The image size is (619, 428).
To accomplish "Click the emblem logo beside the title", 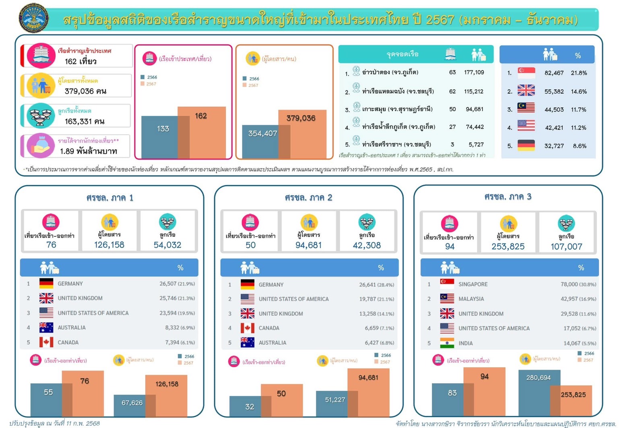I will coord(34,18).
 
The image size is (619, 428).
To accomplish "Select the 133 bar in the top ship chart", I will coord(159,137).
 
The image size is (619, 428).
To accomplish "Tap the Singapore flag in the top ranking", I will coord(526,73).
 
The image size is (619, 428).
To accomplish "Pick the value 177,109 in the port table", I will coord(474,72).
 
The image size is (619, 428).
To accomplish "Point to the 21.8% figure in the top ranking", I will coord(579,73).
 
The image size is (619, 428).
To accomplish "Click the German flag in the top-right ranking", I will coord(526,146).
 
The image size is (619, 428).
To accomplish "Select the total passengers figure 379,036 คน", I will coord(85,91).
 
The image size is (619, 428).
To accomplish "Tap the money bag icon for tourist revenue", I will coord(41,146).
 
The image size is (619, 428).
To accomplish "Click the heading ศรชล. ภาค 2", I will coord(308,197).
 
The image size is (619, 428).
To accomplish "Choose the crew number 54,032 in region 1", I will coord(167,245).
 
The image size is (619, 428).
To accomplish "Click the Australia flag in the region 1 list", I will coord(46,327).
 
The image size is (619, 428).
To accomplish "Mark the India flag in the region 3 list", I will coord(447,343).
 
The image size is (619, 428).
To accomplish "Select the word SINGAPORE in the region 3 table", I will coord(473,284).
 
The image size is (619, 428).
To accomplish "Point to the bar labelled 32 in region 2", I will coord(246,406).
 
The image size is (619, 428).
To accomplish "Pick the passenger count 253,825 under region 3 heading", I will coord(508,247).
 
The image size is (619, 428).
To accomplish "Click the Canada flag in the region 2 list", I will coord(247,328).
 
